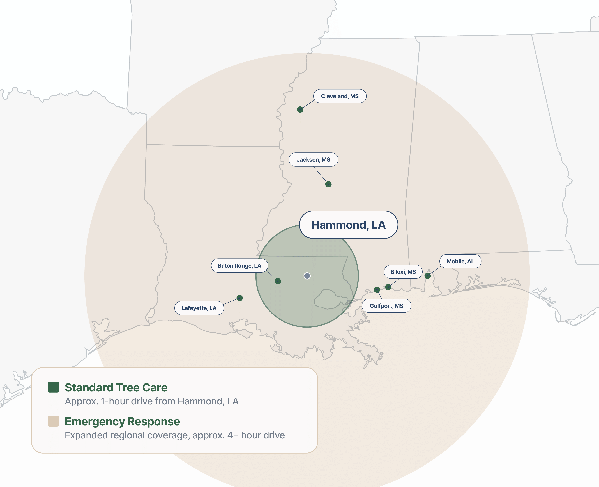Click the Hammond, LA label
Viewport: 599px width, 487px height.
coord(348,225)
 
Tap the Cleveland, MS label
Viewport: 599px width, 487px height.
coord(340,96)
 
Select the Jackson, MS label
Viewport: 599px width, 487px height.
coord(313,160)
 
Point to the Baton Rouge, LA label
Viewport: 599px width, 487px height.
coord(239,266)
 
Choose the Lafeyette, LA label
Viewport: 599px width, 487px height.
coord(199,308)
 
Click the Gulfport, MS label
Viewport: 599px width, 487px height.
coord(386,306)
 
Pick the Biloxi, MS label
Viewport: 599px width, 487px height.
coord(403,272)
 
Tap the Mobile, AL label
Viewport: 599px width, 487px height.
coord(460,261)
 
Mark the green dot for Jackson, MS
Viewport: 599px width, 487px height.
coord(328,184)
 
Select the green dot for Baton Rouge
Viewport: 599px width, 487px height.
coord(278,281)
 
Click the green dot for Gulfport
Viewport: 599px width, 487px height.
coord(377,289)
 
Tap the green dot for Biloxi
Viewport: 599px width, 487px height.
coord(388,287)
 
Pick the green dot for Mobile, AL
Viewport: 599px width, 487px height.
coord(427,276)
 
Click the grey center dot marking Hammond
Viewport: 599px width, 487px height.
coord(307,276)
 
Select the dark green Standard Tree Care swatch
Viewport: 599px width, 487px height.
coord(53,387)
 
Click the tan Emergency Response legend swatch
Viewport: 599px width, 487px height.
coord(53,421)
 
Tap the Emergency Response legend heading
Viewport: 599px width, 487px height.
coord(122,421)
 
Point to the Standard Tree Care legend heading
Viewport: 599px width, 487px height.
coord(116,387)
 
